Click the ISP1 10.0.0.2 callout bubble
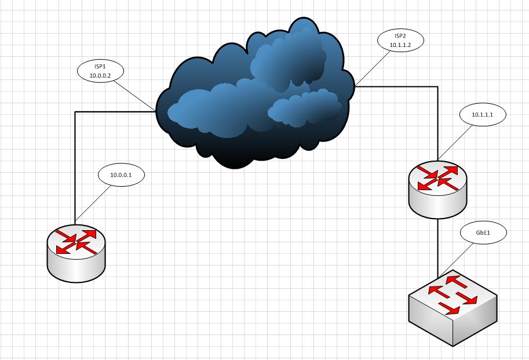coord(101,71)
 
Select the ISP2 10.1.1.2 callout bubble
coord(400,40)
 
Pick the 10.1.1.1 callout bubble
coord(482,115)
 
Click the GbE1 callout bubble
coord(483,233)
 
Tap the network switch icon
coord(453,307)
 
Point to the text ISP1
coord(101,67)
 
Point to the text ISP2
coord(400,36)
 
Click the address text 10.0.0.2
coord(101,75)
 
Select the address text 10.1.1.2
coord(400,45)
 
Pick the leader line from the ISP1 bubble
coord(134,94)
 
